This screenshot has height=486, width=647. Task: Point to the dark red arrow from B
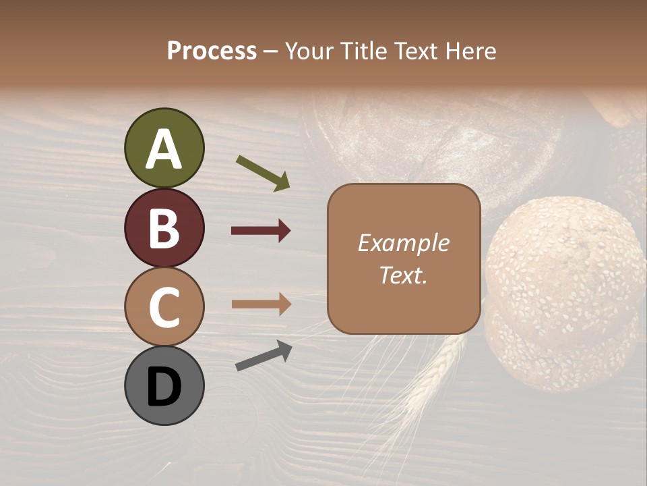261,231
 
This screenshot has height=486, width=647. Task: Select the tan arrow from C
261,304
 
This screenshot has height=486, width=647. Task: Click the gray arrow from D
264,356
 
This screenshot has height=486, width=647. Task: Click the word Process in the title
212,51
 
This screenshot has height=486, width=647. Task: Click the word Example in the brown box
403,243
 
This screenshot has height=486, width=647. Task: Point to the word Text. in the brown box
403,275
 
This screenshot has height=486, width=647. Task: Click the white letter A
164,150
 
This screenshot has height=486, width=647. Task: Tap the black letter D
164,387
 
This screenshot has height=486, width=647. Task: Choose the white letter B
164,229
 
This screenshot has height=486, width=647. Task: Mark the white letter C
164,308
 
